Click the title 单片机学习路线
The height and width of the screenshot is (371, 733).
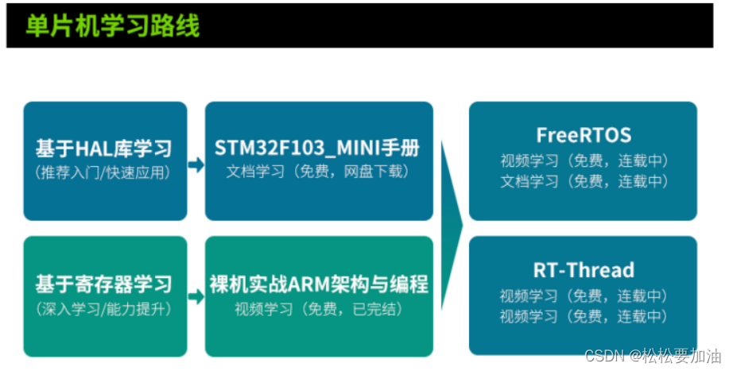[x=112, y=26]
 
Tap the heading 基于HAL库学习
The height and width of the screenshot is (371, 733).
[x=103, y=149]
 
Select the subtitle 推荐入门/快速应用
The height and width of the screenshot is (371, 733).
[x=103, y=172]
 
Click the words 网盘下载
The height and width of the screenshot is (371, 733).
[x=381, y=172]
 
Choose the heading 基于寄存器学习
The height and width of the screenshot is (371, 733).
[x=103, y=284]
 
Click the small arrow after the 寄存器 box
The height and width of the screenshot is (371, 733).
[x=196, y=297]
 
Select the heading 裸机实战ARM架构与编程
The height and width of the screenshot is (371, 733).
[x=319, y=284]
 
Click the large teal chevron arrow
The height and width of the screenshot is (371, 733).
[x=452, y=226]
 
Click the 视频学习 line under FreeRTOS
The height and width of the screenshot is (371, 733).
[x=584, y=160]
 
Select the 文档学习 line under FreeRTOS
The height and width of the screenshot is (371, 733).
[x=584, y=181]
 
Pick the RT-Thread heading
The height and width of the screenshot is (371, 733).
[x=584, y=270]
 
